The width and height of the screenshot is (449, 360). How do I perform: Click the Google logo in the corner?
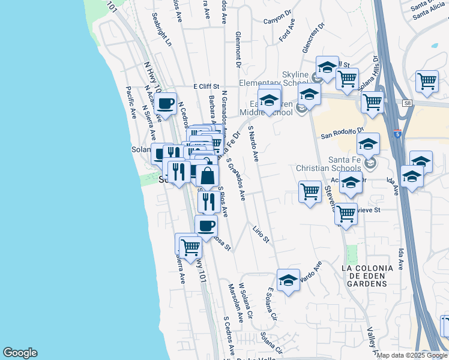(20, 353)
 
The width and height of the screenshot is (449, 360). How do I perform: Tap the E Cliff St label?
(207, 86)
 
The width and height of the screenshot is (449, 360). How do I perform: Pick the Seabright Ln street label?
(161, 31)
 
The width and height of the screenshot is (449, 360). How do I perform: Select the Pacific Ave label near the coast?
(131, 101)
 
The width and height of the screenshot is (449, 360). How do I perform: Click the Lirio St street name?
(262, 235)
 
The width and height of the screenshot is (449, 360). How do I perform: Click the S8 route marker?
(408, 103)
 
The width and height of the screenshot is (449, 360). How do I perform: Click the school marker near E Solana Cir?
(288, 280)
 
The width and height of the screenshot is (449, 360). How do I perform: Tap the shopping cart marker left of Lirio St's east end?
(310, 192)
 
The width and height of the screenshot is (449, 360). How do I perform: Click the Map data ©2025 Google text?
(412, 355)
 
